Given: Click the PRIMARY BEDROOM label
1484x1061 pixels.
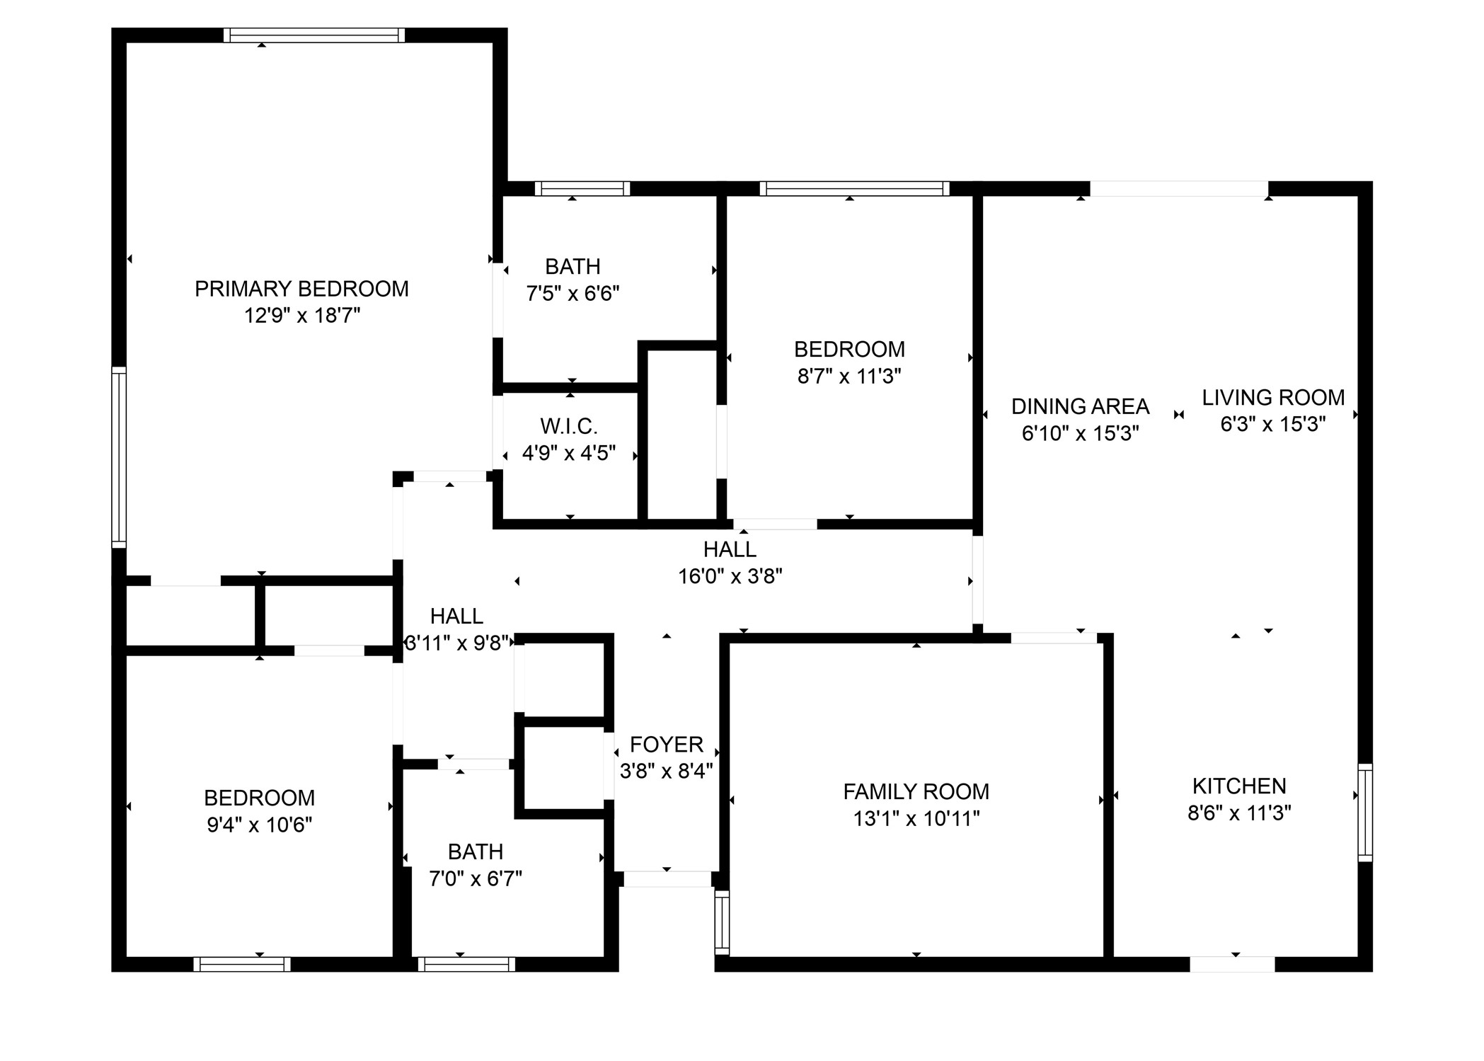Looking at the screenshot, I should (x=301, y=289).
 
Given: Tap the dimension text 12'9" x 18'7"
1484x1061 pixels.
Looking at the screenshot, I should (x=302, y=316).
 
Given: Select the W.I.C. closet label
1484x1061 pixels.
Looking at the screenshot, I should (x=569, y=426).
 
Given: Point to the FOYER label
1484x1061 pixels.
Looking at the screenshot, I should (x=667, y=744).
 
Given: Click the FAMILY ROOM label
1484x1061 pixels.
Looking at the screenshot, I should (x=916, y=791).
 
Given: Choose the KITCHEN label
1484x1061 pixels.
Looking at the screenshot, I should (x=1239, y=786).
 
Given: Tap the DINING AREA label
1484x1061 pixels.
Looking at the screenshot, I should (x=1080, y=406).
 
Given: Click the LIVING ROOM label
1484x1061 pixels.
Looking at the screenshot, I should (x=1273, y=397).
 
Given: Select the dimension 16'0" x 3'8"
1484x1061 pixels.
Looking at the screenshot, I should (x=730, y=576).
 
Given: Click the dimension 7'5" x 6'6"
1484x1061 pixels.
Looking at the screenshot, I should (x=573, y=293).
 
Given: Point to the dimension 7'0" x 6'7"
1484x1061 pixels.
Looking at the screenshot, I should (x=476, y=878).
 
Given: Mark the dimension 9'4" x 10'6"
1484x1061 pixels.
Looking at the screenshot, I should (x=259, y=825).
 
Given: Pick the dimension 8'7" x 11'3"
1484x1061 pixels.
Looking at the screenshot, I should (x=849, y=376).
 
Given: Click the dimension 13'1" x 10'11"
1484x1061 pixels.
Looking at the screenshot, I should (x=916, y=818).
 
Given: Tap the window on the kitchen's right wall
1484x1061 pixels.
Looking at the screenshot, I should (x=1365, y=813).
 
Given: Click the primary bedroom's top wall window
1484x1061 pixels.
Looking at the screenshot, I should (x=314, y=35).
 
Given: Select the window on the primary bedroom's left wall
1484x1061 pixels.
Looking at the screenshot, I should (x=119, y=457).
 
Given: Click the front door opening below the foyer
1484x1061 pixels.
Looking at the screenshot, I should (x=667, y=879).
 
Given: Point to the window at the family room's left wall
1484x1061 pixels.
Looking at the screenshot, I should (x=722, y=922).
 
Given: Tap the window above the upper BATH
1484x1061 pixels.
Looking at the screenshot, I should (x=582, y=188).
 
